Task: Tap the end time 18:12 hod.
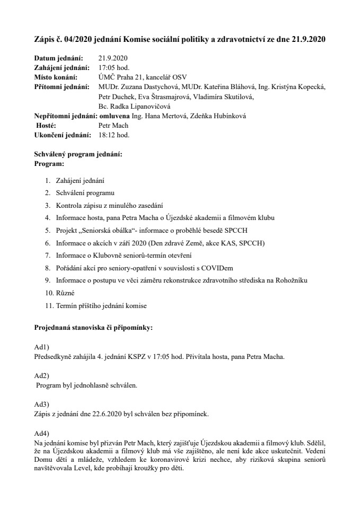click(114, 135)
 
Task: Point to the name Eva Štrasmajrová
click(152, 97)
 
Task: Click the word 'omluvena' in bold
click(113, 116)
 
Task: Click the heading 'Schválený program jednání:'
click(78, 154)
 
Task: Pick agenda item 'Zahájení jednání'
click(80, 180)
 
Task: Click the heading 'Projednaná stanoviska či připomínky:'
click(93, 328)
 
